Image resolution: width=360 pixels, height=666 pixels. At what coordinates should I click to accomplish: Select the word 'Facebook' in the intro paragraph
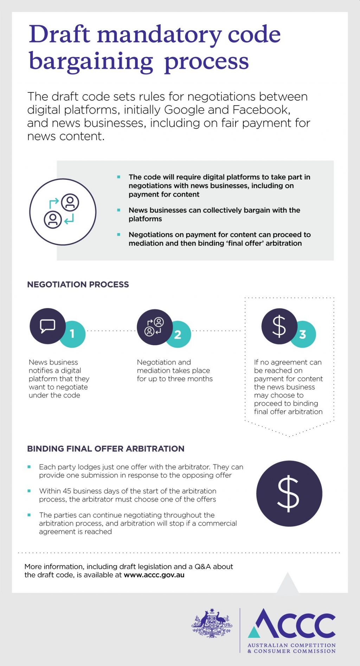(x=262, y=110)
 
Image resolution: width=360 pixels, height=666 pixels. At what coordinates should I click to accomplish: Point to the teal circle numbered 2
(x=179, y=334)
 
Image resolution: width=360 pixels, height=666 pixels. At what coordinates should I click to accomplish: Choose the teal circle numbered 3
(x=303, y=334)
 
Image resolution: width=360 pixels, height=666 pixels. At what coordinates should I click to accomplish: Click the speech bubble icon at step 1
(x=47, y=326)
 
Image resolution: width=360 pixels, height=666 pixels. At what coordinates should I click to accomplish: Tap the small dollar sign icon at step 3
(x=279, y=326)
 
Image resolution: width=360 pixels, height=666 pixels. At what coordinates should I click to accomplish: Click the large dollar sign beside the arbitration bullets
(x=288, y=493)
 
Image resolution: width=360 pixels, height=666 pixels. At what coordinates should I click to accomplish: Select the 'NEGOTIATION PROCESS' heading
(x=78, y=284)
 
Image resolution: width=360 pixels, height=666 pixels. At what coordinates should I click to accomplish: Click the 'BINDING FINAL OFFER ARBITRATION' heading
(x=106, y=449)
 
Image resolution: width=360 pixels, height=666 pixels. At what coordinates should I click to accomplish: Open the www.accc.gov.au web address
(x=154, y=575)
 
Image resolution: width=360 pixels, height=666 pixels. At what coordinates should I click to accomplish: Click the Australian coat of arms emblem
(x=212, y=623)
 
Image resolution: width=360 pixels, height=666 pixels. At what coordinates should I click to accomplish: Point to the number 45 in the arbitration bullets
(x=67, y=491)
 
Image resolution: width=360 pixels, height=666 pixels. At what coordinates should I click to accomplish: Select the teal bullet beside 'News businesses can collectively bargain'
(x=119, y=210)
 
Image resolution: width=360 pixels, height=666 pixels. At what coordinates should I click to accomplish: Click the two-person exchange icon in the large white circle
(x=62, y=211)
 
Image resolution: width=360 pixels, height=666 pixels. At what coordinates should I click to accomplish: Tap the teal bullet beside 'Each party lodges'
(x=29, y=467)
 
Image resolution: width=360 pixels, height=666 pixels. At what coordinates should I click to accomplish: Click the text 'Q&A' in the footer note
(x=202, y=566)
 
